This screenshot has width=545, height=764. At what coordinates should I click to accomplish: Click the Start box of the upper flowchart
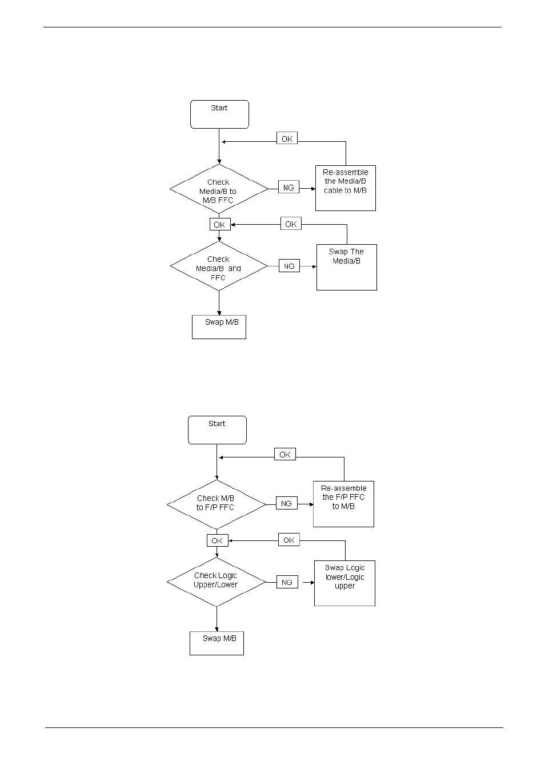[x=219, y=114]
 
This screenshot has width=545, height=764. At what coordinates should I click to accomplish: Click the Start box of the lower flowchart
[x=217, y=430]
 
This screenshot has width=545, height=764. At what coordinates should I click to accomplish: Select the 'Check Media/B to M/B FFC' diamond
[x=219, y=190]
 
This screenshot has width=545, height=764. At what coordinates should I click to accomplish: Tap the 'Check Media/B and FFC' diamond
[x=219, y=267]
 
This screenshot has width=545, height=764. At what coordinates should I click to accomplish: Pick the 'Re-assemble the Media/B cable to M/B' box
[x=345, y=188]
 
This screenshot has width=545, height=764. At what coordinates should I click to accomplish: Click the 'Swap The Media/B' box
[x=346, y=267]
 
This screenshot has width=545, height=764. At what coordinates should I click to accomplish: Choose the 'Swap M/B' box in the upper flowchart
[x=219, y=327]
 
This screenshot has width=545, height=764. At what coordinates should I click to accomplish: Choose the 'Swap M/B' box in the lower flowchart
[x=217, y=643]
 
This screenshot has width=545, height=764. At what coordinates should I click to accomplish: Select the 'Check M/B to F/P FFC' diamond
[x=217, y=505]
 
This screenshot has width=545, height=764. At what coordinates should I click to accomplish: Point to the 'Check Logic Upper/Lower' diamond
[x=217, y=582]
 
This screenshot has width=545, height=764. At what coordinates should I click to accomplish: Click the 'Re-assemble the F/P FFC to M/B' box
[x=343, y=504]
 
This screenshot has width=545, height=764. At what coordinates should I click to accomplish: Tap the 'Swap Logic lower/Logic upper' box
[x=344, y=583]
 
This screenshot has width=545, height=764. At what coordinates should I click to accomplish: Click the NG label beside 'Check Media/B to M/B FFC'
[x=288, y=188]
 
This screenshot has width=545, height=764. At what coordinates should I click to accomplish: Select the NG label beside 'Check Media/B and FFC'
[x=289, y=266]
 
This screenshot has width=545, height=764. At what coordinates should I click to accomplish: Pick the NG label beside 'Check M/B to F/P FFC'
[x=286, y=503]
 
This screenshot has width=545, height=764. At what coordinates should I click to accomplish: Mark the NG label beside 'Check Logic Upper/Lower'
[x=287, y=582]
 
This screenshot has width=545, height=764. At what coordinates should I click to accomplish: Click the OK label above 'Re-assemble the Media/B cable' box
[x=287, y=138]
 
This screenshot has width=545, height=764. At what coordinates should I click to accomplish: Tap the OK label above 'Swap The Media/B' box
[x=291, y=224]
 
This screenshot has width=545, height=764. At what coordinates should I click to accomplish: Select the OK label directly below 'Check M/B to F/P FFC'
[x=217, y=540]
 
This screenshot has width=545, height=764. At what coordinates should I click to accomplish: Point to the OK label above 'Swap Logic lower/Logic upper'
[x=288, y=540]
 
